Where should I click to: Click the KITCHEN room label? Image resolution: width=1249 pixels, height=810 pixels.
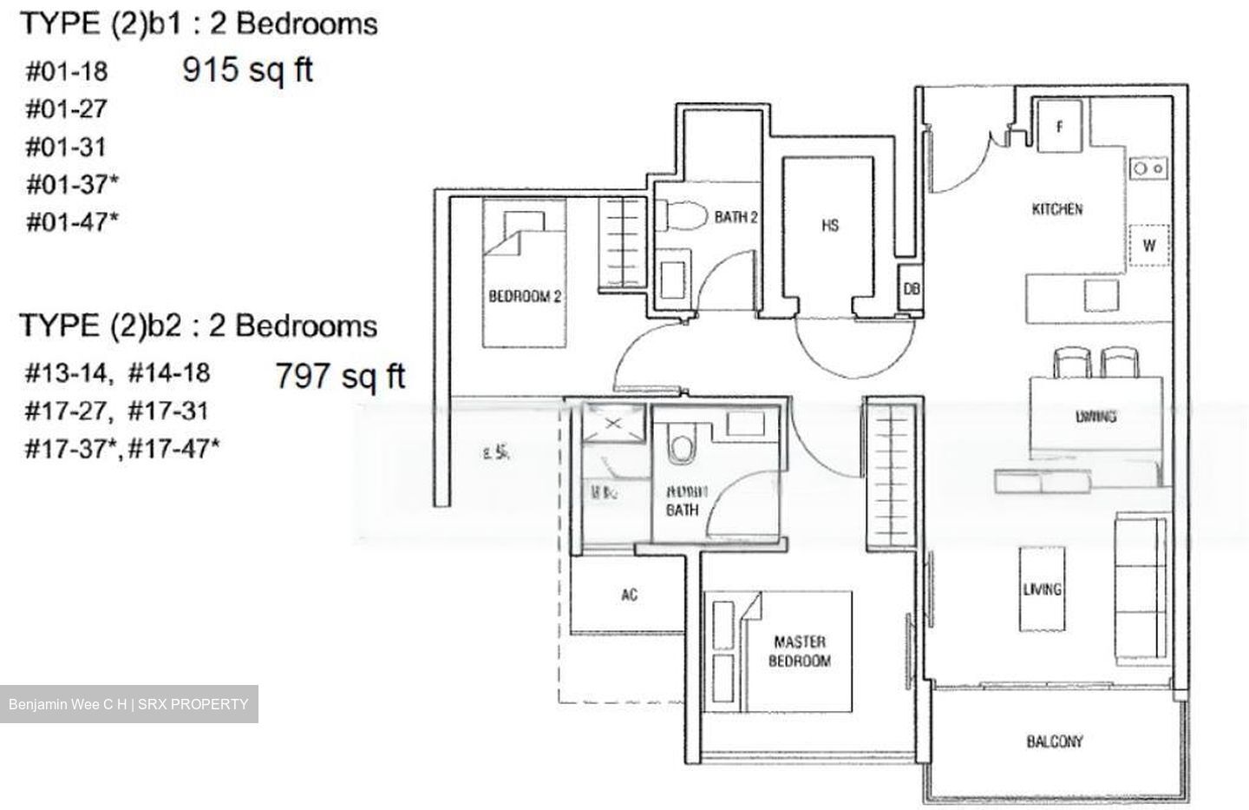1056,209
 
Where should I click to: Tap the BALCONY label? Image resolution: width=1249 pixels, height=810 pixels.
1054,741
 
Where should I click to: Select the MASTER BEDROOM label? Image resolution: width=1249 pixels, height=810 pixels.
800,651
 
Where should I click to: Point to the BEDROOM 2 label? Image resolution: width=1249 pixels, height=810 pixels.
525,297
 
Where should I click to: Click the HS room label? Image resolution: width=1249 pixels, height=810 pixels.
830,226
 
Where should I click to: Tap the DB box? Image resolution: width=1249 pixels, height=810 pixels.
911,289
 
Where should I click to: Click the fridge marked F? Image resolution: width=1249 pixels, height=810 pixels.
1059,127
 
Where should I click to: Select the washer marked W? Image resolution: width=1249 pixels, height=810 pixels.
1148,246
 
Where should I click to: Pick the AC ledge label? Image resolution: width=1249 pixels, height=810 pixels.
630,595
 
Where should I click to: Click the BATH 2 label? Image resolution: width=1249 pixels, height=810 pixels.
736,217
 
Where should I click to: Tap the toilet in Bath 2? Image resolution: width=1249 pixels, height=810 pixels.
677,214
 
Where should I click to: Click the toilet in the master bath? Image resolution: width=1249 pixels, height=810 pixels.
680,447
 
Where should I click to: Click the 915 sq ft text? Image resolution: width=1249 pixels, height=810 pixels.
247,69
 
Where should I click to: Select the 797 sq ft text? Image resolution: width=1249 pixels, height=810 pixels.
340,376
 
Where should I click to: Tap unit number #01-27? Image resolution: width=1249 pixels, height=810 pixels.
66,109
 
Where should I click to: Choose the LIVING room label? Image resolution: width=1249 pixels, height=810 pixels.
1042,589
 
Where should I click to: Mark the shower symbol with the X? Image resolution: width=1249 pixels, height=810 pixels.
613,424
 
